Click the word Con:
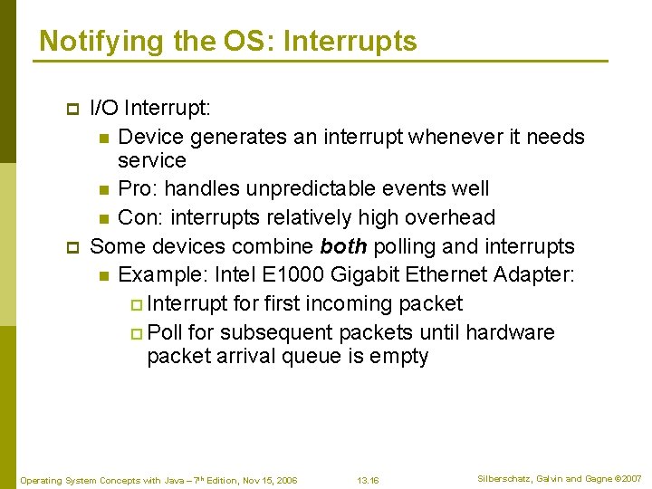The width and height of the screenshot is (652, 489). pos(140,217)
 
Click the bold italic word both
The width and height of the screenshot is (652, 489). pos(343,246)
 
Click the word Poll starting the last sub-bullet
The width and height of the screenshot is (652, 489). pos(165,332)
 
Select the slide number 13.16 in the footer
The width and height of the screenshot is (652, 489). pos(368,480)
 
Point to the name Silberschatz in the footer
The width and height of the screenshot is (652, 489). pos(507,478)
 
